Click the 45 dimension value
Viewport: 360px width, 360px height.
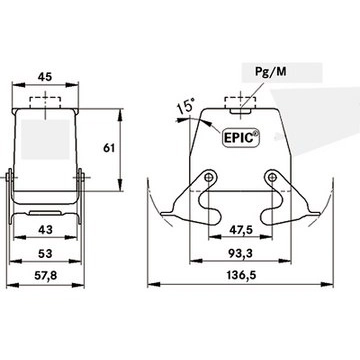point(45,77)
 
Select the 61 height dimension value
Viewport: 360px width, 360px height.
point(109,148)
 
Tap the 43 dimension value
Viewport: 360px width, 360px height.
point(45,230)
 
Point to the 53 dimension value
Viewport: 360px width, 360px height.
point(45,254)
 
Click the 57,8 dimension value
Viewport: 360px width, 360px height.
point(45,276)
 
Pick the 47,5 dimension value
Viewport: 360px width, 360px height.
point(240,230)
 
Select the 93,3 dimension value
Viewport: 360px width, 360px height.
point(240,254)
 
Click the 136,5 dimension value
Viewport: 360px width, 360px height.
point(241,276)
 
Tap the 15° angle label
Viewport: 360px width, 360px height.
point(185,107)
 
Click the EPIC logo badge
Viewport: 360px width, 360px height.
point(241,137)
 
